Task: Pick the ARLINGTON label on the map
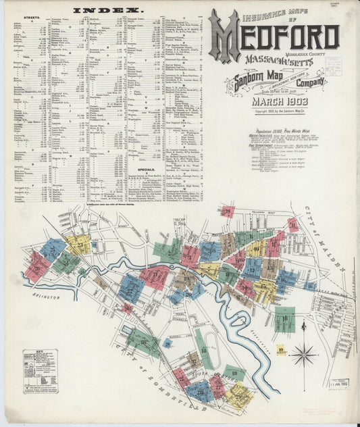coord(44,296)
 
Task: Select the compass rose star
coord(305,353)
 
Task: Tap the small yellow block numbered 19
coord(280,350)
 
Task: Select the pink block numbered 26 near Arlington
coord(37,265)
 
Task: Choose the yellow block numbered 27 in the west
coord(77,244)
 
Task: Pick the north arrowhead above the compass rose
coord(304,326)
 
